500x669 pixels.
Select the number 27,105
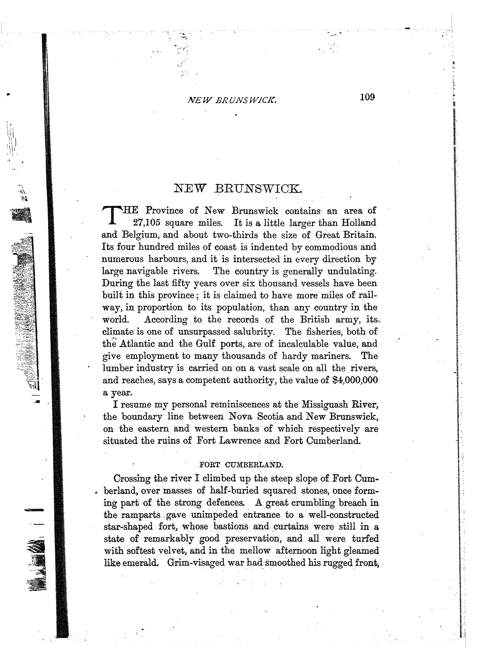pos(146,223)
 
